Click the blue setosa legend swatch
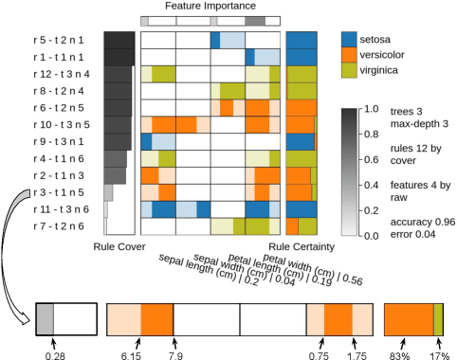tap(351, 39)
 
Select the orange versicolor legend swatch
tap(351, 56)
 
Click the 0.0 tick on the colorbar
tap(373, 236)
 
